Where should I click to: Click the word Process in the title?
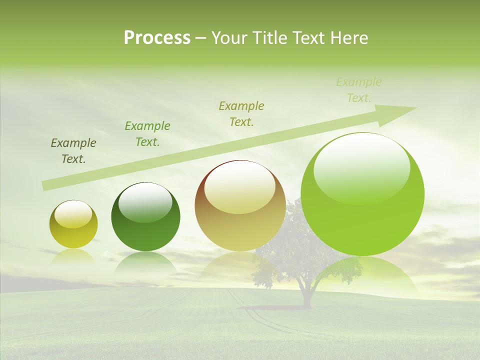click(x=157, y=38)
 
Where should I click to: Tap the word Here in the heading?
click(x=348, y=38)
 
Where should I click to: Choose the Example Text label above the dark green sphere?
click(x=147, y=134)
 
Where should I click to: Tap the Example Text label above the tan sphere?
click(x=241, y=114)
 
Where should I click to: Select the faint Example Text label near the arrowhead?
click(x=359, y=90)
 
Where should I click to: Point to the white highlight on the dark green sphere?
click(x=145, y=202)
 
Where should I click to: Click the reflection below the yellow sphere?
click(x=73, y=256)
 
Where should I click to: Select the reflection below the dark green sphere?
click(x=145, y=262)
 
